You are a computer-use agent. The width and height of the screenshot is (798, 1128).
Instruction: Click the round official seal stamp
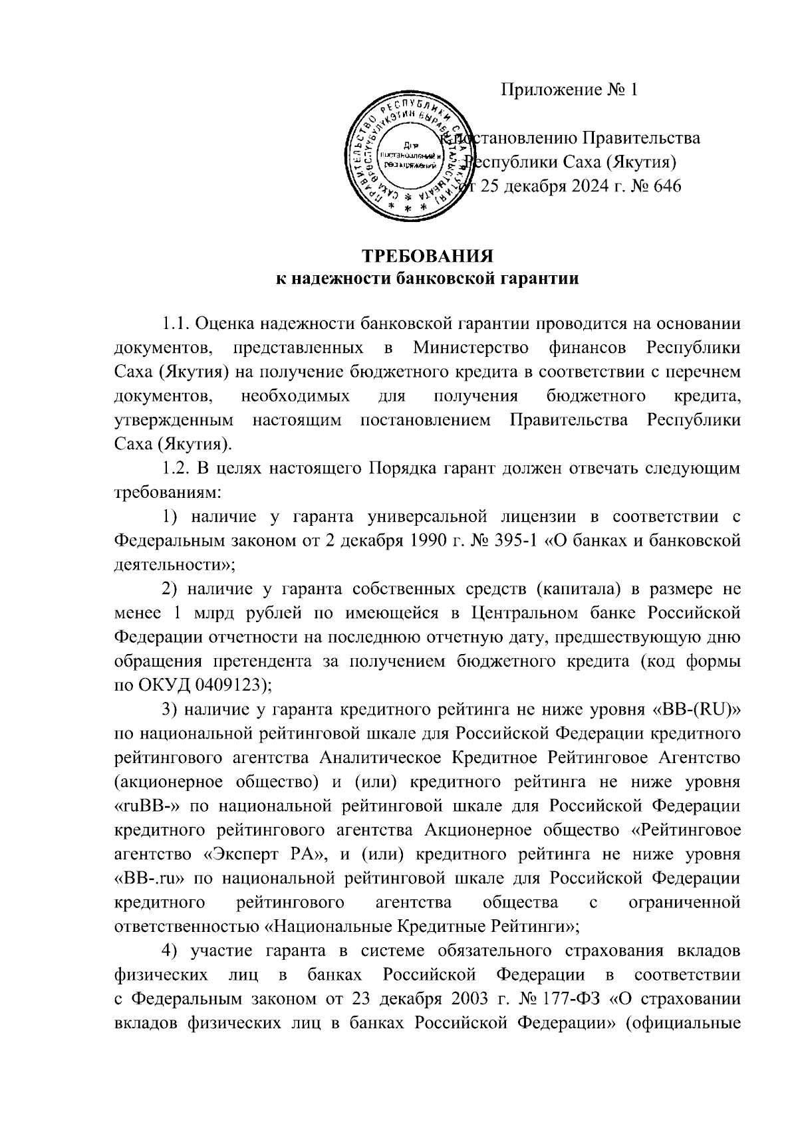406,158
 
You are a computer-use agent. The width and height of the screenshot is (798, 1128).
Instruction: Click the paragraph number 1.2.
176,468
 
